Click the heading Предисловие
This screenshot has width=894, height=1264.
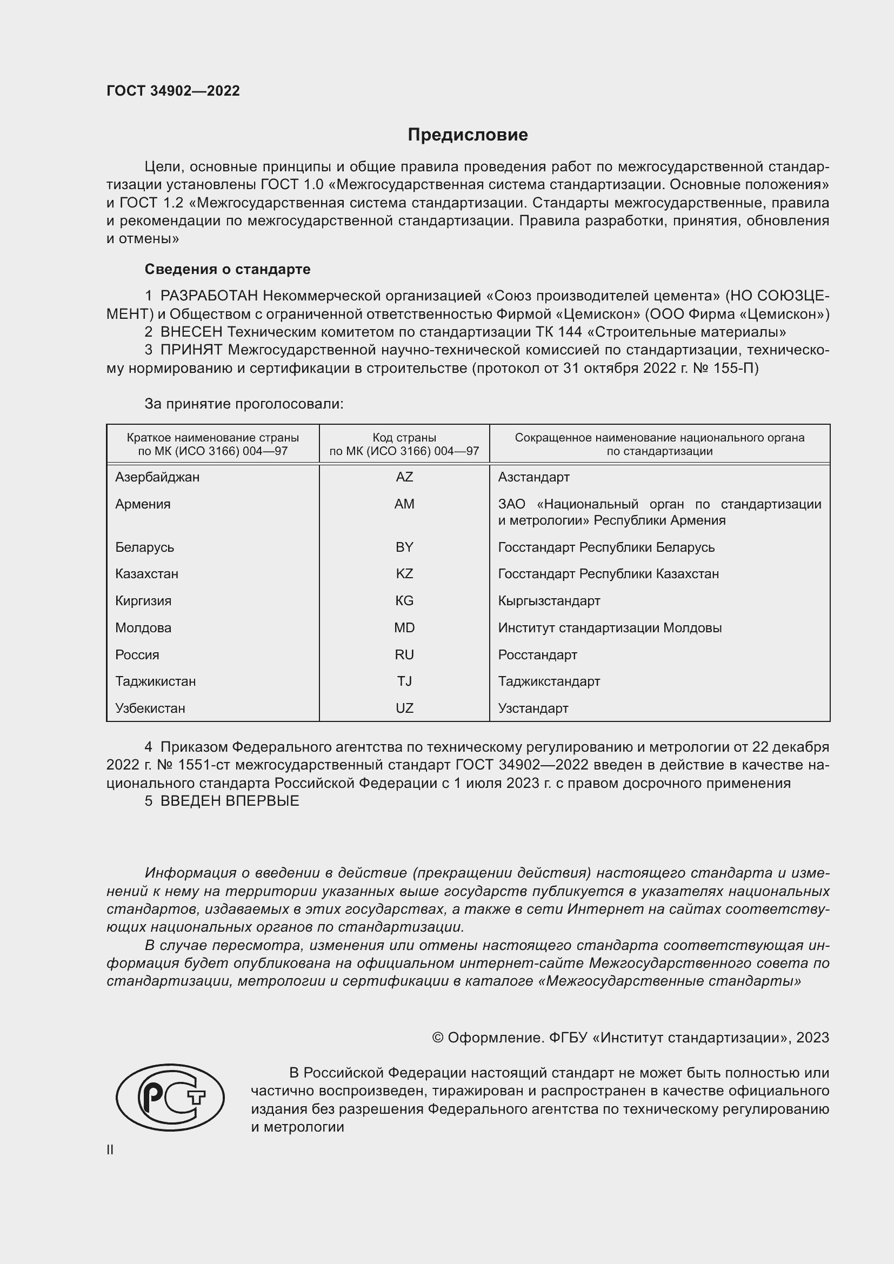pos(468,135)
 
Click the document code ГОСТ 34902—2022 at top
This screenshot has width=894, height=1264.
pos(173,91)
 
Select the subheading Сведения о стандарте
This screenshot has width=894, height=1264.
pos(228,269)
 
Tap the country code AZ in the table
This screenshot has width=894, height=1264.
pos(404,477)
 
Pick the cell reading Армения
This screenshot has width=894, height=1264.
pos(143,504)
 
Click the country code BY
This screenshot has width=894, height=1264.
pos(404,547)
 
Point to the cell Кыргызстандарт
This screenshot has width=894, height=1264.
pos(549,600)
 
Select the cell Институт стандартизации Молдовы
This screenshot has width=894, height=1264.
pos(609,627)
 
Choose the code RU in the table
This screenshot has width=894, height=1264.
pos(404,654)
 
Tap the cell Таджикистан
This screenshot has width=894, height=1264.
pos(155,681)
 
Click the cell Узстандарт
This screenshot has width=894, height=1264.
pos(533,708)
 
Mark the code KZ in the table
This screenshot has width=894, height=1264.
pos(404,574)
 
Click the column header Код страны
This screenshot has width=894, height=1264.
pos(404,438)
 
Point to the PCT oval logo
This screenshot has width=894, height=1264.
pos(170,1096)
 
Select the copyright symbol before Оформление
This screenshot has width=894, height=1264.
pos(438,1038)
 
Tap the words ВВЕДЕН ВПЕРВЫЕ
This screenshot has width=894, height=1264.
pos(230,801)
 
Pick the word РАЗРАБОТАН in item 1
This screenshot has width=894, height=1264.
pos(209,296)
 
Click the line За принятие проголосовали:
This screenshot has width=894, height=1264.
pos(244,404)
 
